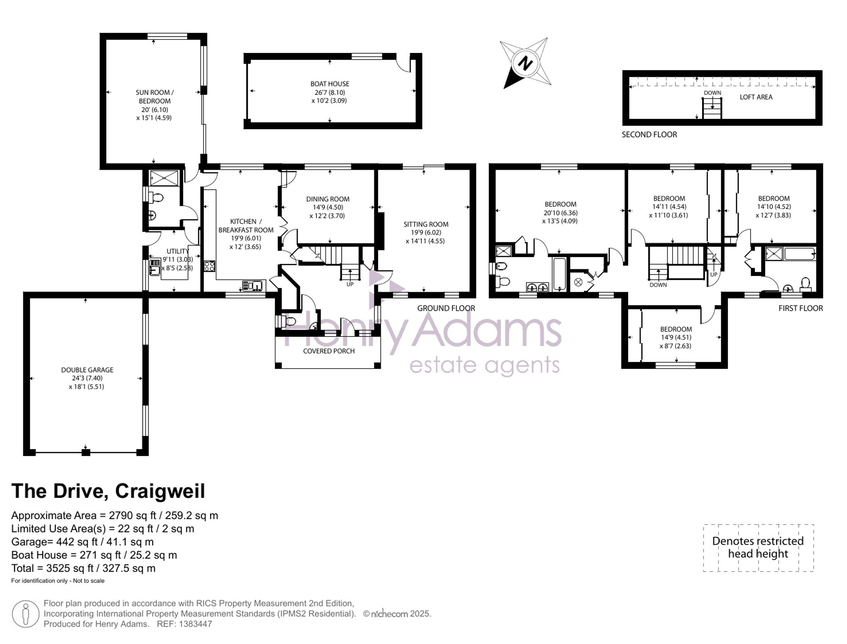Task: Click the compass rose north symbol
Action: pos(526,64)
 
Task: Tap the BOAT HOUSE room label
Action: pos(330,84)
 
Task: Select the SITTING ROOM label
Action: pos(426,224)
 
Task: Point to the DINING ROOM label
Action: pos(328,199)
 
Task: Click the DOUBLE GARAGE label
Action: pos(87,370)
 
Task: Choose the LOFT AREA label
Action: pos(756,97)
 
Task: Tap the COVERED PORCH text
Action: pos(329,351)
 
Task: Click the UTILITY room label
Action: pos(177,251)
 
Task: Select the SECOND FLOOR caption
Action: pos(649,135)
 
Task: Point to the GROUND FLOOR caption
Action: pos(446,308)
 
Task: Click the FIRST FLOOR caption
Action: pos(800,308)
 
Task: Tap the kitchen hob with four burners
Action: pos(210,266)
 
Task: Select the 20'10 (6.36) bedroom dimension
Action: pos(560,213)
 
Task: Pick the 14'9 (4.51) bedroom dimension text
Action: pos(675,337)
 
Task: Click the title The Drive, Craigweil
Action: pos(108,491)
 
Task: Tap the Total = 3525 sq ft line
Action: pos(83,568)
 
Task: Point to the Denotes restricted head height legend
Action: pos(758,547)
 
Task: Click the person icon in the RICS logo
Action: pos(25,614)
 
